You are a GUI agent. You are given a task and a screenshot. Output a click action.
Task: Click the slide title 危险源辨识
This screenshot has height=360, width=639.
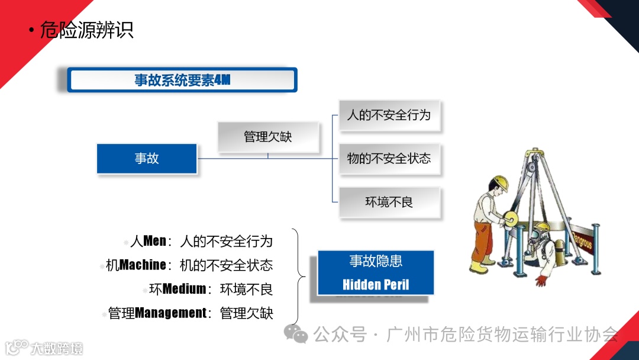86,29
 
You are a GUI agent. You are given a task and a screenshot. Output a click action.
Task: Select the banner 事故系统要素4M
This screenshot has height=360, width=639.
182,80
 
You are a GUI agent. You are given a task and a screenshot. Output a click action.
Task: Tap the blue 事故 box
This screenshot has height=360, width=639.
147,159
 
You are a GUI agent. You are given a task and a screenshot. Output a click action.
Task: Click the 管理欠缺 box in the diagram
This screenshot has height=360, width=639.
268,137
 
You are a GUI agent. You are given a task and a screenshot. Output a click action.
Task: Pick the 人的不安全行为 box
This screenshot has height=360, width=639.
389,115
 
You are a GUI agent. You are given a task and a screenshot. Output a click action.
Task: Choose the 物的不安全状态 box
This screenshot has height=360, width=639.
389,159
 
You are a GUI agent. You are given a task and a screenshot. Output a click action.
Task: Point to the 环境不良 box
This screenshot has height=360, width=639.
389,202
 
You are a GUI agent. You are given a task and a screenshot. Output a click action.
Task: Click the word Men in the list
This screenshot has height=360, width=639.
155,241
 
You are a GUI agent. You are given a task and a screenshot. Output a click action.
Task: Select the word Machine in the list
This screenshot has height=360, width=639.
143,265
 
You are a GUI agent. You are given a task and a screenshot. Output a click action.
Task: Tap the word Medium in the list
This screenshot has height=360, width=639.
184,289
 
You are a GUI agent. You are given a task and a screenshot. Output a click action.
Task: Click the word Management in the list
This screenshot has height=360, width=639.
171,313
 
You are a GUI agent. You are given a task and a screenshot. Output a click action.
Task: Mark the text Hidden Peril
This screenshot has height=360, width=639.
376,285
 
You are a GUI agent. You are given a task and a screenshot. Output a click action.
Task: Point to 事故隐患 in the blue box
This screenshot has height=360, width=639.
376,261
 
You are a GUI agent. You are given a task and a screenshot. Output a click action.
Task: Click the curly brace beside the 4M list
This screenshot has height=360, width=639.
300,276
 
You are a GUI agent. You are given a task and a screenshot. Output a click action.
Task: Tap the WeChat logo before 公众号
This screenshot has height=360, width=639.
296,335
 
